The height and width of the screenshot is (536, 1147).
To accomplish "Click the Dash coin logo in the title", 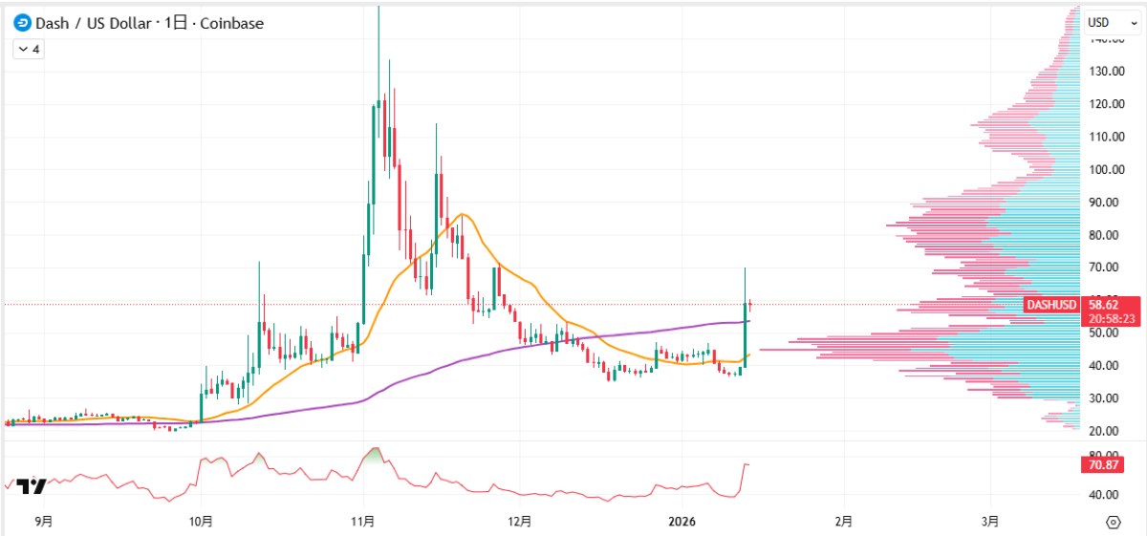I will point(21,23).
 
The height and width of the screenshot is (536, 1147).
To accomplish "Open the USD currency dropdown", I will point(1113,22).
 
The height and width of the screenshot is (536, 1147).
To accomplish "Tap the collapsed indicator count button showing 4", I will point(28,49).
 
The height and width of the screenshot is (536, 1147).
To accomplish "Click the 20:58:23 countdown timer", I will point(1108,318).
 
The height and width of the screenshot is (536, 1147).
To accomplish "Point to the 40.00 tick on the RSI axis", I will point(1104,495).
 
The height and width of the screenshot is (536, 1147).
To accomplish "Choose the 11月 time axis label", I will point(362,522).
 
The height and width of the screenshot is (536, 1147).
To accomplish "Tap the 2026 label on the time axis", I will point(683,522).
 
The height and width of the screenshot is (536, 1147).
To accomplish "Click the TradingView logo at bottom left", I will point(31,485).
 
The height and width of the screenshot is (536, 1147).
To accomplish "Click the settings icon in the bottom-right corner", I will point(1113,522).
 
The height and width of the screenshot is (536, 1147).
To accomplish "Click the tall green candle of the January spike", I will point(745,334).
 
